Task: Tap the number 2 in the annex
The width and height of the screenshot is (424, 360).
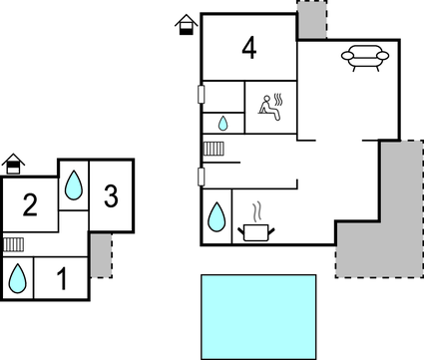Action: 30,206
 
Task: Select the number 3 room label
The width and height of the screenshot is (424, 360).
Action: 111,196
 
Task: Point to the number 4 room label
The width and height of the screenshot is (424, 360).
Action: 248,47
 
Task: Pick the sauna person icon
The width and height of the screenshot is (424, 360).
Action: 270,105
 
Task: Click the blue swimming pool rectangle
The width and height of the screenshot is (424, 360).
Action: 258,316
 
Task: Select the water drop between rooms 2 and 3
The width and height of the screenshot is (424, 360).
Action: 74,185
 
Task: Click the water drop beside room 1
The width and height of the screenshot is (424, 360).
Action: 17,277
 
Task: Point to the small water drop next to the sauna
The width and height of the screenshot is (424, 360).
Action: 222,123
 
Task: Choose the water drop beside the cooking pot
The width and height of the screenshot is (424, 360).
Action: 215,216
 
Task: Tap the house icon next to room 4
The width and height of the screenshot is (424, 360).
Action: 185,25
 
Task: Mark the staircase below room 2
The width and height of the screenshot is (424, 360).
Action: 13,243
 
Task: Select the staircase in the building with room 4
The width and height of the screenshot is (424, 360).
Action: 214,150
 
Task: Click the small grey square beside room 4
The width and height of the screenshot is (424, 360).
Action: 312,19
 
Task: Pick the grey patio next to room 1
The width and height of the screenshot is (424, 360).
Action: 99,255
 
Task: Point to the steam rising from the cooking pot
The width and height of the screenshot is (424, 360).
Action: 257,211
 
